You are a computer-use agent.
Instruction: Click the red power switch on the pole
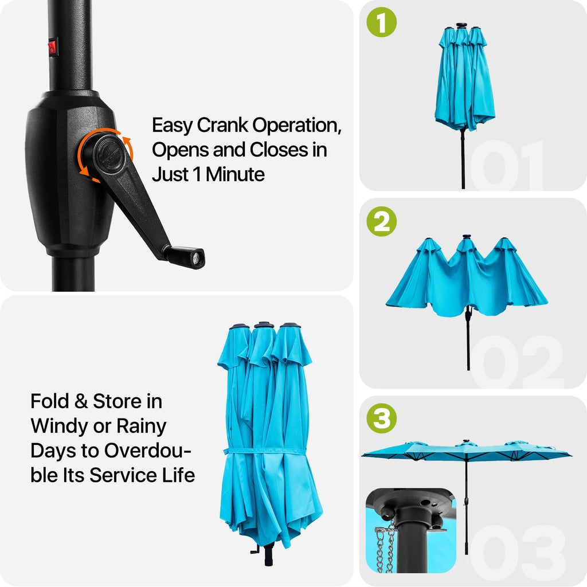pos(53,48)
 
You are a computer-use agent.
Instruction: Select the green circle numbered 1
pos(381,22)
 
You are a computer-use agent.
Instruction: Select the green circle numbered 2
pos(381,221)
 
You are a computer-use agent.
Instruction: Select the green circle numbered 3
pos(381,418)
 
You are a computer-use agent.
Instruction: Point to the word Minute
pos(235,174)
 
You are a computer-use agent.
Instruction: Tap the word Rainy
pos(141,426)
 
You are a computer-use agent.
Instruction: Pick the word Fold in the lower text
pos(50,401)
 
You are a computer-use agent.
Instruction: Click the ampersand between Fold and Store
pos(81,401)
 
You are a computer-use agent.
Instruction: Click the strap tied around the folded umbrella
pos(265,451)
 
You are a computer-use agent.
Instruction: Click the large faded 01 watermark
pos(506,165)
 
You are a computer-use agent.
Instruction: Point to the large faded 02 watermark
pos(516,362)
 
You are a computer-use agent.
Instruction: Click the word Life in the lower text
pos(179,475)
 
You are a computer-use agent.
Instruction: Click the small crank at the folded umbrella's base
pos(256,550)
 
